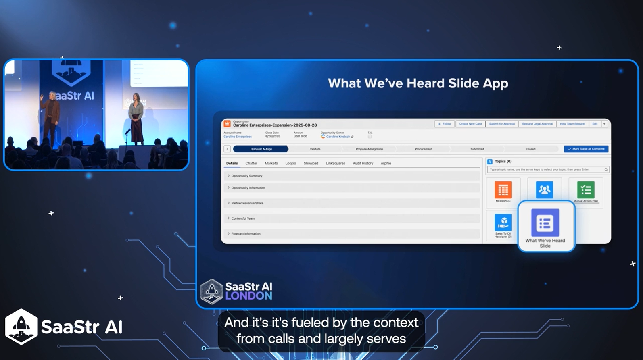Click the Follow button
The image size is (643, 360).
coord(445,124)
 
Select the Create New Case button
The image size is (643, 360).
coord(470,124)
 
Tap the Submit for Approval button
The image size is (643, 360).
coord(502,124)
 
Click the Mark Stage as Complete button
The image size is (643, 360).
coord(586,149)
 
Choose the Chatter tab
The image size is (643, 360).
coord(251,164)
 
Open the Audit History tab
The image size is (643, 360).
coord(363,164)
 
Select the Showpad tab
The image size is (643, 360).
coord(311,164)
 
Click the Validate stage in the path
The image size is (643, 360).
coord(315,149)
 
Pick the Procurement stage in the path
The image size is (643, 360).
coord(423,149)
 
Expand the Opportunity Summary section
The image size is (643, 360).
coord(246,176)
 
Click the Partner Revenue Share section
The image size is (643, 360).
coord(247,203)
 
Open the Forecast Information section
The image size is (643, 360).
coord(245,234)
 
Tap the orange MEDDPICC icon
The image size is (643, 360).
coord(503,190)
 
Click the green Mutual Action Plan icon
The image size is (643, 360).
coord(586,190)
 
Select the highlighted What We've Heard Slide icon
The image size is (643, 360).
coord(545,223)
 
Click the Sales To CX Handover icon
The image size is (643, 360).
coord(503,223)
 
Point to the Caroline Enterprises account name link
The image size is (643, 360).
coord(238,137)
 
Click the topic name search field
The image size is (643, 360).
coord(546,170)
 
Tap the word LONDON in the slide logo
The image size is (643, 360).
coord(248,296)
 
